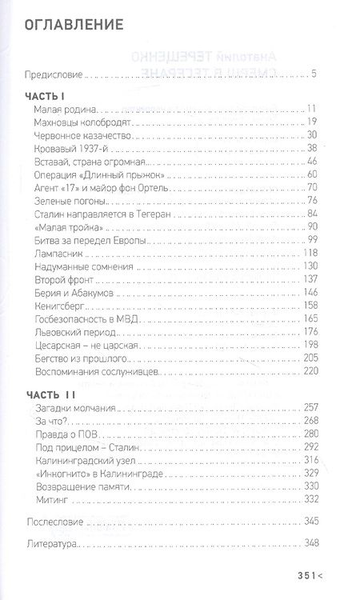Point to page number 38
tap(314, 147)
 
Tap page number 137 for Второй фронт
tap(311, 278)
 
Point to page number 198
tap(311, 345)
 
